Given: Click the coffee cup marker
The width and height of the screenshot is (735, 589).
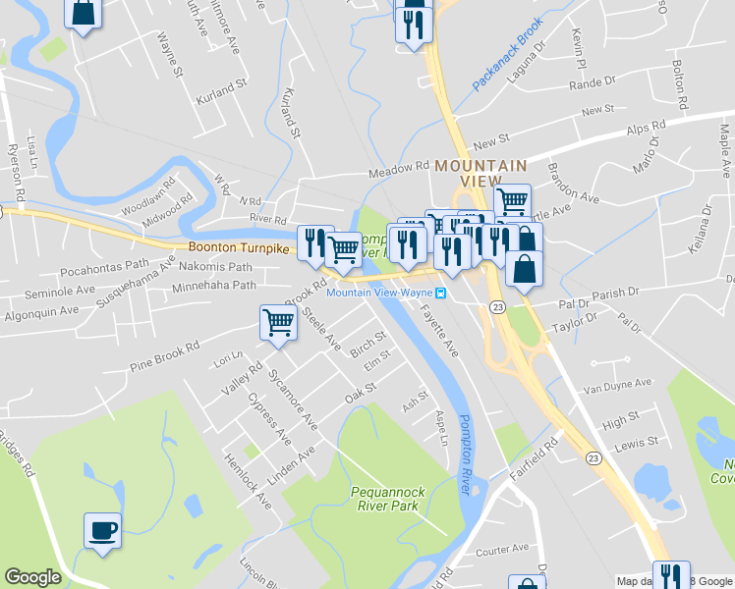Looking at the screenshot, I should pyautogui.click(x=102, y=531).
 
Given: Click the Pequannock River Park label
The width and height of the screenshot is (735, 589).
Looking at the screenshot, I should pyautogui.click(x=385, y=500).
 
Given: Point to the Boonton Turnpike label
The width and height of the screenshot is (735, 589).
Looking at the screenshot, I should pyautogui.click(x=239, y=249).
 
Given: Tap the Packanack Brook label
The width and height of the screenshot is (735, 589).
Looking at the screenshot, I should pyautogui.click(x=507, y=60).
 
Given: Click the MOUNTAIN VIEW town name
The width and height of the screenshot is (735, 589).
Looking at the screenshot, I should pyautogui.click(x=481, y=173).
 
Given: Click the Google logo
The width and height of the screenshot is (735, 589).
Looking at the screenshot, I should pyautogui.click(x=32, y=577).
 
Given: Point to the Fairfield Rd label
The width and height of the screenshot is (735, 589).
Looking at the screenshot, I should pyautogui.click(x=535, y=457).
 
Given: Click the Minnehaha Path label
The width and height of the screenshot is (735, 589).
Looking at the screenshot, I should pyautogui.click(x=213, y=286).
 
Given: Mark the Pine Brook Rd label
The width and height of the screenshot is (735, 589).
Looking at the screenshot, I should pyautogui.click(x=164, y=357).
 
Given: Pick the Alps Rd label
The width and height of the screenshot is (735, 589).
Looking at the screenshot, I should pyautogui.click(x=647, y=129).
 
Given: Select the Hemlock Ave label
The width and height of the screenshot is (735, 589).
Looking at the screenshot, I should pyautogui.click(x=248, y=481).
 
